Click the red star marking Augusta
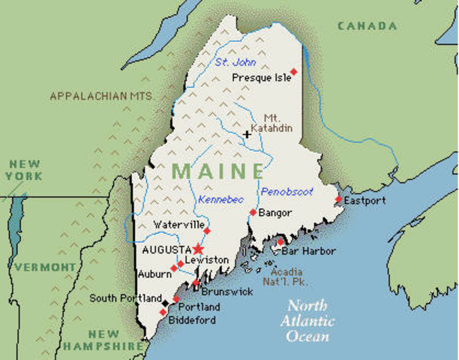click(x=198, y=248)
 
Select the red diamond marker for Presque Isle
click(x=294, y=72)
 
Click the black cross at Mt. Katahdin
click(x=246, y=135)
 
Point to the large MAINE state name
click(x=217, y=170)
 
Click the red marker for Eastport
click(x=338, y=199)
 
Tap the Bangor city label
click(x=274, y=213)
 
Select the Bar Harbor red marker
click(x=280, y=242)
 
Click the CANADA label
click(x=367, y=26)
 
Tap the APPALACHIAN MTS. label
click(x=101, y=96)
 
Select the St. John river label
click(x=231, y=62)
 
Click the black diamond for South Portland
click(x=165, y=303)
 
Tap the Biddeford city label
click(x=192, y=320)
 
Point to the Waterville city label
click(x=178, y=225)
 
